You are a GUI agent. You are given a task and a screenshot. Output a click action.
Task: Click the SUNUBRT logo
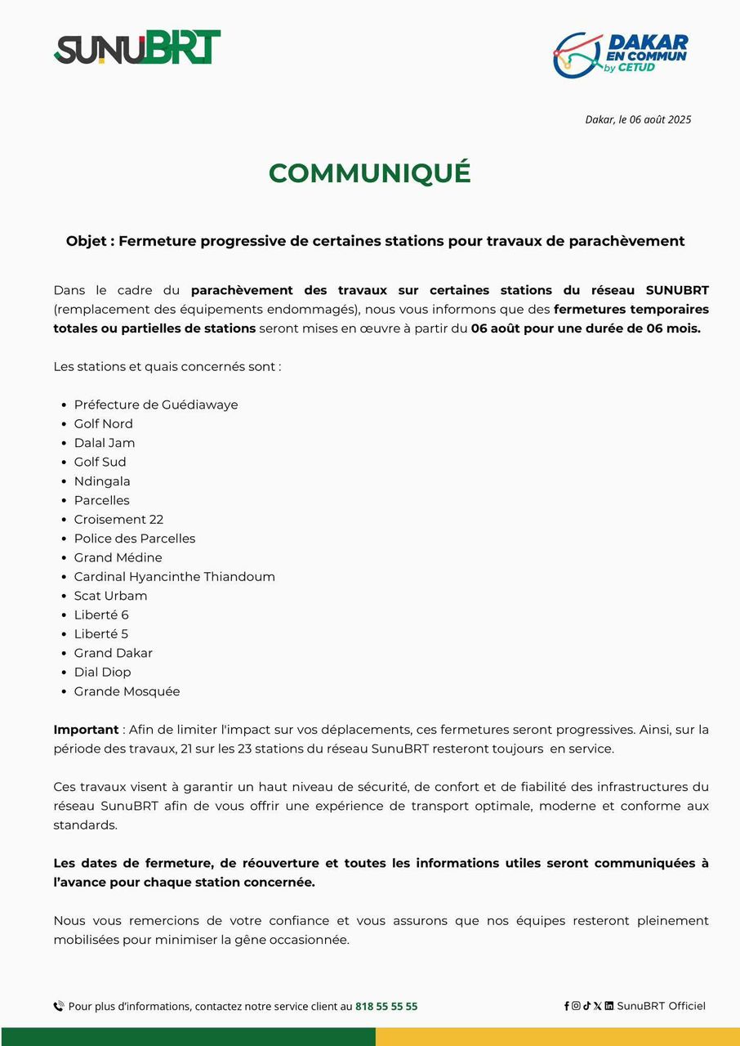coord(137,48)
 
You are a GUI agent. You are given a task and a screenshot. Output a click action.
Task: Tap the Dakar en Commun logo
coord(621,55)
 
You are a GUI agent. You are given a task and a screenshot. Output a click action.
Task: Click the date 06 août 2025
coord(660,119)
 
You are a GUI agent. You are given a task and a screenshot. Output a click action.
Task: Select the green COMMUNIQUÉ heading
coord(369,173)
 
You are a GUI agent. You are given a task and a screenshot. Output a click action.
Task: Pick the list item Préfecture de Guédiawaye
coord(156,405)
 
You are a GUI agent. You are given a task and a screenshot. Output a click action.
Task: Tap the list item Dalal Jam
coord(105,443)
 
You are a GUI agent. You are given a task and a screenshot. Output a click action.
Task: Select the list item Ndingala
coord(102,481)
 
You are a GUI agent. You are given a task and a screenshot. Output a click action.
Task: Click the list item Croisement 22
coord(118,519)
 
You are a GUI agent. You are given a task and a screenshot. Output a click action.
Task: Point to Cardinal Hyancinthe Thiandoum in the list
coord(174,577)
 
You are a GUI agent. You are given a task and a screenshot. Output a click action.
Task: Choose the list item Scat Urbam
coord(110,596)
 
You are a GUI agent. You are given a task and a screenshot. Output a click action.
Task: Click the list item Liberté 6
coord(101,615)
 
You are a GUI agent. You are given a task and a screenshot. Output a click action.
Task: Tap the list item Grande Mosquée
coord(127,691)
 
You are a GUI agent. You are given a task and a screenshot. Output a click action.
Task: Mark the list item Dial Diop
coord(102,672)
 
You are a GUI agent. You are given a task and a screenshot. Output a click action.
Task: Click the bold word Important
coord(86,730)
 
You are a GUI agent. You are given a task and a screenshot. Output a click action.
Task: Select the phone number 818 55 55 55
coord(386,1007)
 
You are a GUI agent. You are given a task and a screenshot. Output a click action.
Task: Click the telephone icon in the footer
coord(59,1007)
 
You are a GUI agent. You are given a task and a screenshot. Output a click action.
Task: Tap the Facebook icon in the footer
coord(567,1006)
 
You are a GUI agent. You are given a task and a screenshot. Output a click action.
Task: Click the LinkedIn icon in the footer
coord(609,1006)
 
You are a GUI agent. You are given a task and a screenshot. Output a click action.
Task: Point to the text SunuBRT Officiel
coord(661,1006)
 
